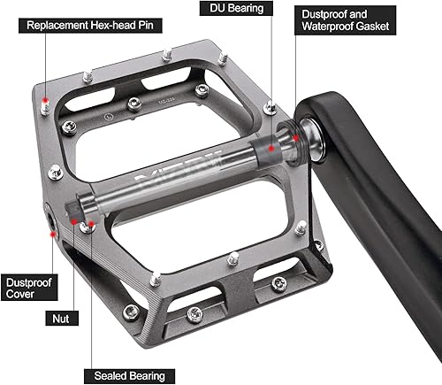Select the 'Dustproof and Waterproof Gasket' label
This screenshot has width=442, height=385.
(346, 21)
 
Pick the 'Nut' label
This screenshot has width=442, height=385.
(57, 316)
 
